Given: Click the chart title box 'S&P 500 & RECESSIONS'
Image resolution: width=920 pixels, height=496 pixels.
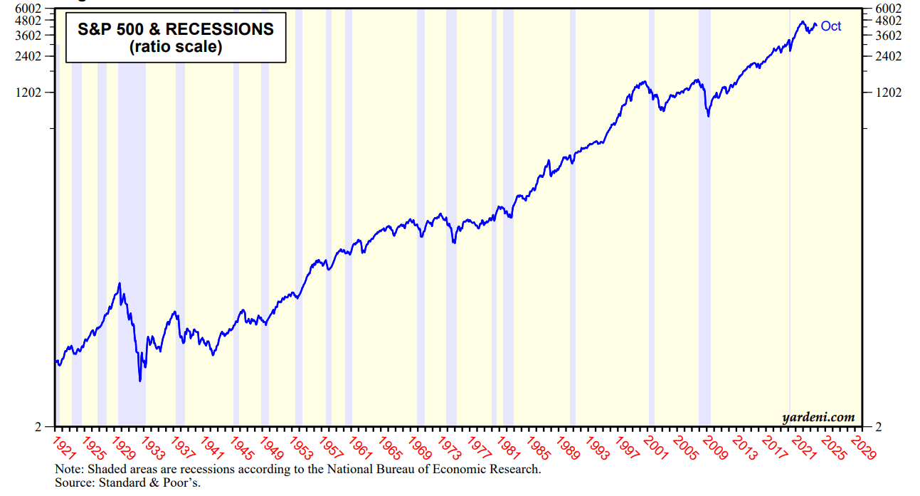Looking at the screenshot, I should pos(176,38).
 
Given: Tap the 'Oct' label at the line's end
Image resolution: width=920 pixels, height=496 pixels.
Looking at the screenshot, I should pos(830,26).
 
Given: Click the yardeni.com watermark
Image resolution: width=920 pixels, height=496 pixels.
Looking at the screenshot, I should pos(818,418).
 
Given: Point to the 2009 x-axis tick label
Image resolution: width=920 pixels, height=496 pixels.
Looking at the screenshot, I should pos(713,448).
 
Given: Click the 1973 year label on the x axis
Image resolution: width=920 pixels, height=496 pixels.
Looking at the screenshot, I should pos(449,448).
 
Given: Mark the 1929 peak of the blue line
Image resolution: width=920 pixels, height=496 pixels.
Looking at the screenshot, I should pos(120,283).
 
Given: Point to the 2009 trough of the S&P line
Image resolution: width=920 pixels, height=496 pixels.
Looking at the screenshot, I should pos(708,115).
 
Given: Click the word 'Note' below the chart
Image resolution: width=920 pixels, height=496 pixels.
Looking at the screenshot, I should pos(68,470).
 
